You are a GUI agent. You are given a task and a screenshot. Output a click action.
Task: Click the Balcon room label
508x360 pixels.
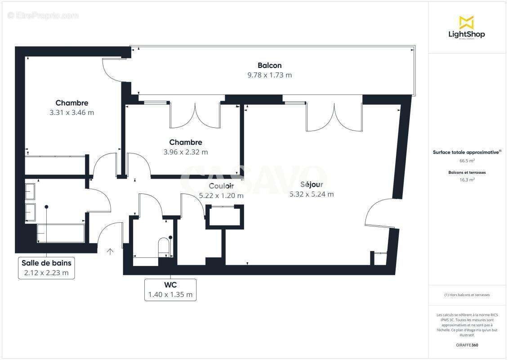[x=269, y=65]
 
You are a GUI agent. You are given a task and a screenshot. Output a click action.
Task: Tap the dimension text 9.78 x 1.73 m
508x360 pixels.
[x=269, y=75]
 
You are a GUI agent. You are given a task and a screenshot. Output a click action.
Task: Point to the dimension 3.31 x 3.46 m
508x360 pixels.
[x=72, y=112]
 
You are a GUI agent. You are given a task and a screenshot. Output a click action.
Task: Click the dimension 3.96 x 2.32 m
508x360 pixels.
[x=186, y=152]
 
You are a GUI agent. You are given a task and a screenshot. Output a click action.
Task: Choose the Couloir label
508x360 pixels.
[x=221, y=186]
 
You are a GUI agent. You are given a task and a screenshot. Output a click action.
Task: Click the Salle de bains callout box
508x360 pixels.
[x=46, y=268]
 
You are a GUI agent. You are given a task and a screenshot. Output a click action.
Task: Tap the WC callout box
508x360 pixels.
[x=170, y=290]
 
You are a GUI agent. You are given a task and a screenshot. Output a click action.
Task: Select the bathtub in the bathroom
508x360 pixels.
[x=61, y=233]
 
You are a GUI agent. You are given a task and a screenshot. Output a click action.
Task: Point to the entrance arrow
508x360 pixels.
[x=110, y=251]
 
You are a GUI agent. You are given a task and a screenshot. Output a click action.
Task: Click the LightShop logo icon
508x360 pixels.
[x=466, y=22]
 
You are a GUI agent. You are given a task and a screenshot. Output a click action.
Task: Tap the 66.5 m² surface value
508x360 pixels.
[x=466, y=161]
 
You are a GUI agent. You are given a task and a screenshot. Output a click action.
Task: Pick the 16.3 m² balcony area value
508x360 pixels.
[x=466, y=180]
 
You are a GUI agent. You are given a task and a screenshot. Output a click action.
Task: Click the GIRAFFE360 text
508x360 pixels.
[x=466, y=345]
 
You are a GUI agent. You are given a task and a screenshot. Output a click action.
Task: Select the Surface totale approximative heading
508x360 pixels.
[x=466, y=152]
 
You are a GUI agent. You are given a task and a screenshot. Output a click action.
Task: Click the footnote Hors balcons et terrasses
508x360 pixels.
[x=466, y=295]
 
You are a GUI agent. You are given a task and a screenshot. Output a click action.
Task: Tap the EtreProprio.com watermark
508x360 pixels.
[x=43, y=16]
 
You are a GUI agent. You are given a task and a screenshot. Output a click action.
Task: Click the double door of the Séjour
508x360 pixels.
[x=334, y=117]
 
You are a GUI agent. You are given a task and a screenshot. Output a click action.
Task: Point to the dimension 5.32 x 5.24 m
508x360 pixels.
[x=312, y=194]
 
